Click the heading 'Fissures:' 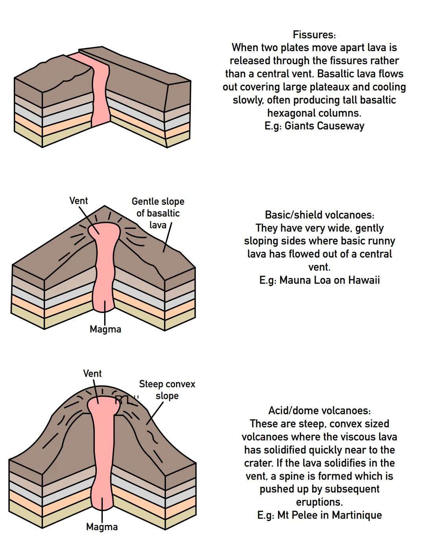(x=314, y=35)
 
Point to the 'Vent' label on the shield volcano (x=79, y=201)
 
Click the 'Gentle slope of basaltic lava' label (x=158, y=213)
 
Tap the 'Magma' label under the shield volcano (x=105, y=329)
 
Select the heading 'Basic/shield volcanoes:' (x=319, y=215)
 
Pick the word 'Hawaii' (x=364, y=280)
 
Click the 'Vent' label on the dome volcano (x=92, y=373)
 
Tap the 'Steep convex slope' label (x=167, y=389)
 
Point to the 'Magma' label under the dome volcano (x=102, y=527)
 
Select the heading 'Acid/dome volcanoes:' (x=319, y=411)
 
